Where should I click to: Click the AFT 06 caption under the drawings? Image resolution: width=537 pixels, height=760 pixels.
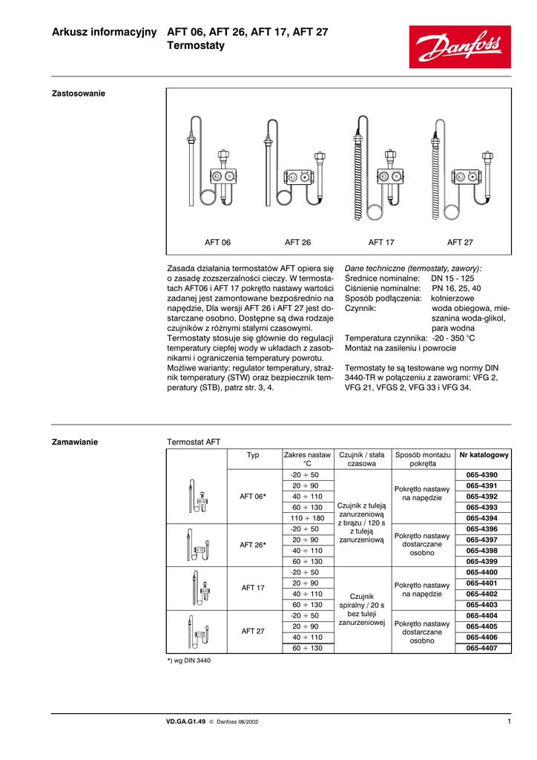pyautogui.click(x=217, y=242)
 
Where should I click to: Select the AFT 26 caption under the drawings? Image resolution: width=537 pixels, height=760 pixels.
pyautogui.click(x=297, y=242)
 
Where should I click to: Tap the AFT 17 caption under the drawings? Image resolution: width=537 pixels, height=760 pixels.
pyautogui.click(x=381, y=242)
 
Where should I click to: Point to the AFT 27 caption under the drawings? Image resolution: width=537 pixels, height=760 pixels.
pyautogui.click(x=460, y=242)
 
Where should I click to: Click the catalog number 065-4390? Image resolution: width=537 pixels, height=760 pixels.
pyautogui.click(x=481, y=475)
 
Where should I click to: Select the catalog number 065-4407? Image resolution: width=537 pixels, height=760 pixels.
pyautogui.click(x=481, y=648)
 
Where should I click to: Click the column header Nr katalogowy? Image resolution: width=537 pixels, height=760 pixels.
pyautogui.click(x=484, y=455)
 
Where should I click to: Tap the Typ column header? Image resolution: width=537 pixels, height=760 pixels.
pyautogui.click(x=253, y=455)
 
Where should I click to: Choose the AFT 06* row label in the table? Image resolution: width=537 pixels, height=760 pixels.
pyautogui.click(x=253, y=497)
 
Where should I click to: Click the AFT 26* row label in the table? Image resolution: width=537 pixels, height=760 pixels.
pyautogui.click(x=253, y=545)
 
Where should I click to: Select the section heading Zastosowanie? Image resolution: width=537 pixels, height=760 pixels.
pyautogui.click(x=78, y=94)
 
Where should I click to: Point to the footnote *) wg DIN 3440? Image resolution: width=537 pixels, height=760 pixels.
pyautogui.click(x=189, y=660)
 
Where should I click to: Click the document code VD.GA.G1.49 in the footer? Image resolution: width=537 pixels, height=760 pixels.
pyautogui.click(x=185, y=721)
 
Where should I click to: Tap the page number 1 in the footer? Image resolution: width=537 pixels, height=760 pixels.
pyautogui.click(x=510, y=721)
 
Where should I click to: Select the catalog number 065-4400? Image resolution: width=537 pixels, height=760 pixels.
pyautogui.click(x=481, y=572)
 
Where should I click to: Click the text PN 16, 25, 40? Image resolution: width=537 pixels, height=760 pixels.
pyautogui.click(x=455, y=288)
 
